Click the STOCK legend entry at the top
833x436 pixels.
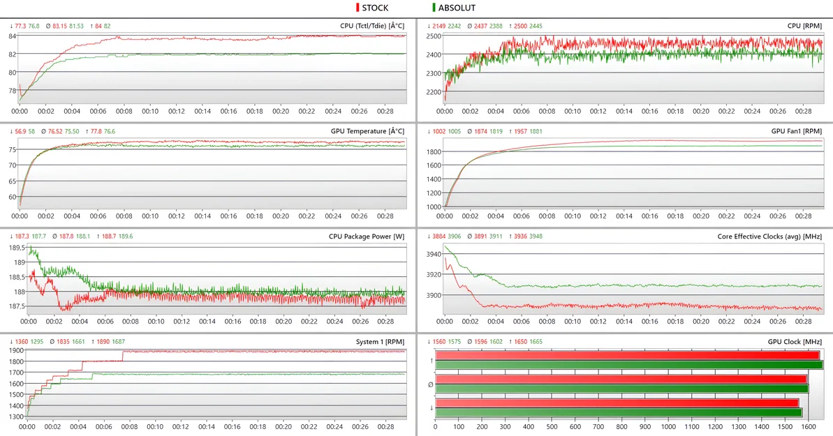pos(375,8)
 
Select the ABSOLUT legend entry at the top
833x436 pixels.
pos(457,8)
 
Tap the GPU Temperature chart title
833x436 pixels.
pos(367,130)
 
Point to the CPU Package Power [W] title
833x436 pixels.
pos(367,236)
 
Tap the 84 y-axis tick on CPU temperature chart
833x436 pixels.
pos(13,36)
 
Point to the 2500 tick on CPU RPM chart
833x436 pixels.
pos(433,36)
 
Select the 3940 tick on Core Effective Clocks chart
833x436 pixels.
pos(434,255)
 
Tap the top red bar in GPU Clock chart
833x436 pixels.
pos(627,355)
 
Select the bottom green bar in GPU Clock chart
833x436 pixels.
pos(619,412)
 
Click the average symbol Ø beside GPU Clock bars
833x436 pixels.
pos(432,384)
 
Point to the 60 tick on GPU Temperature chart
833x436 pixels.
pos(13,197)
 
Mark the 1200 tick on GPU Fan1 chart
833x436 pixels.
pos(433,193)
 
